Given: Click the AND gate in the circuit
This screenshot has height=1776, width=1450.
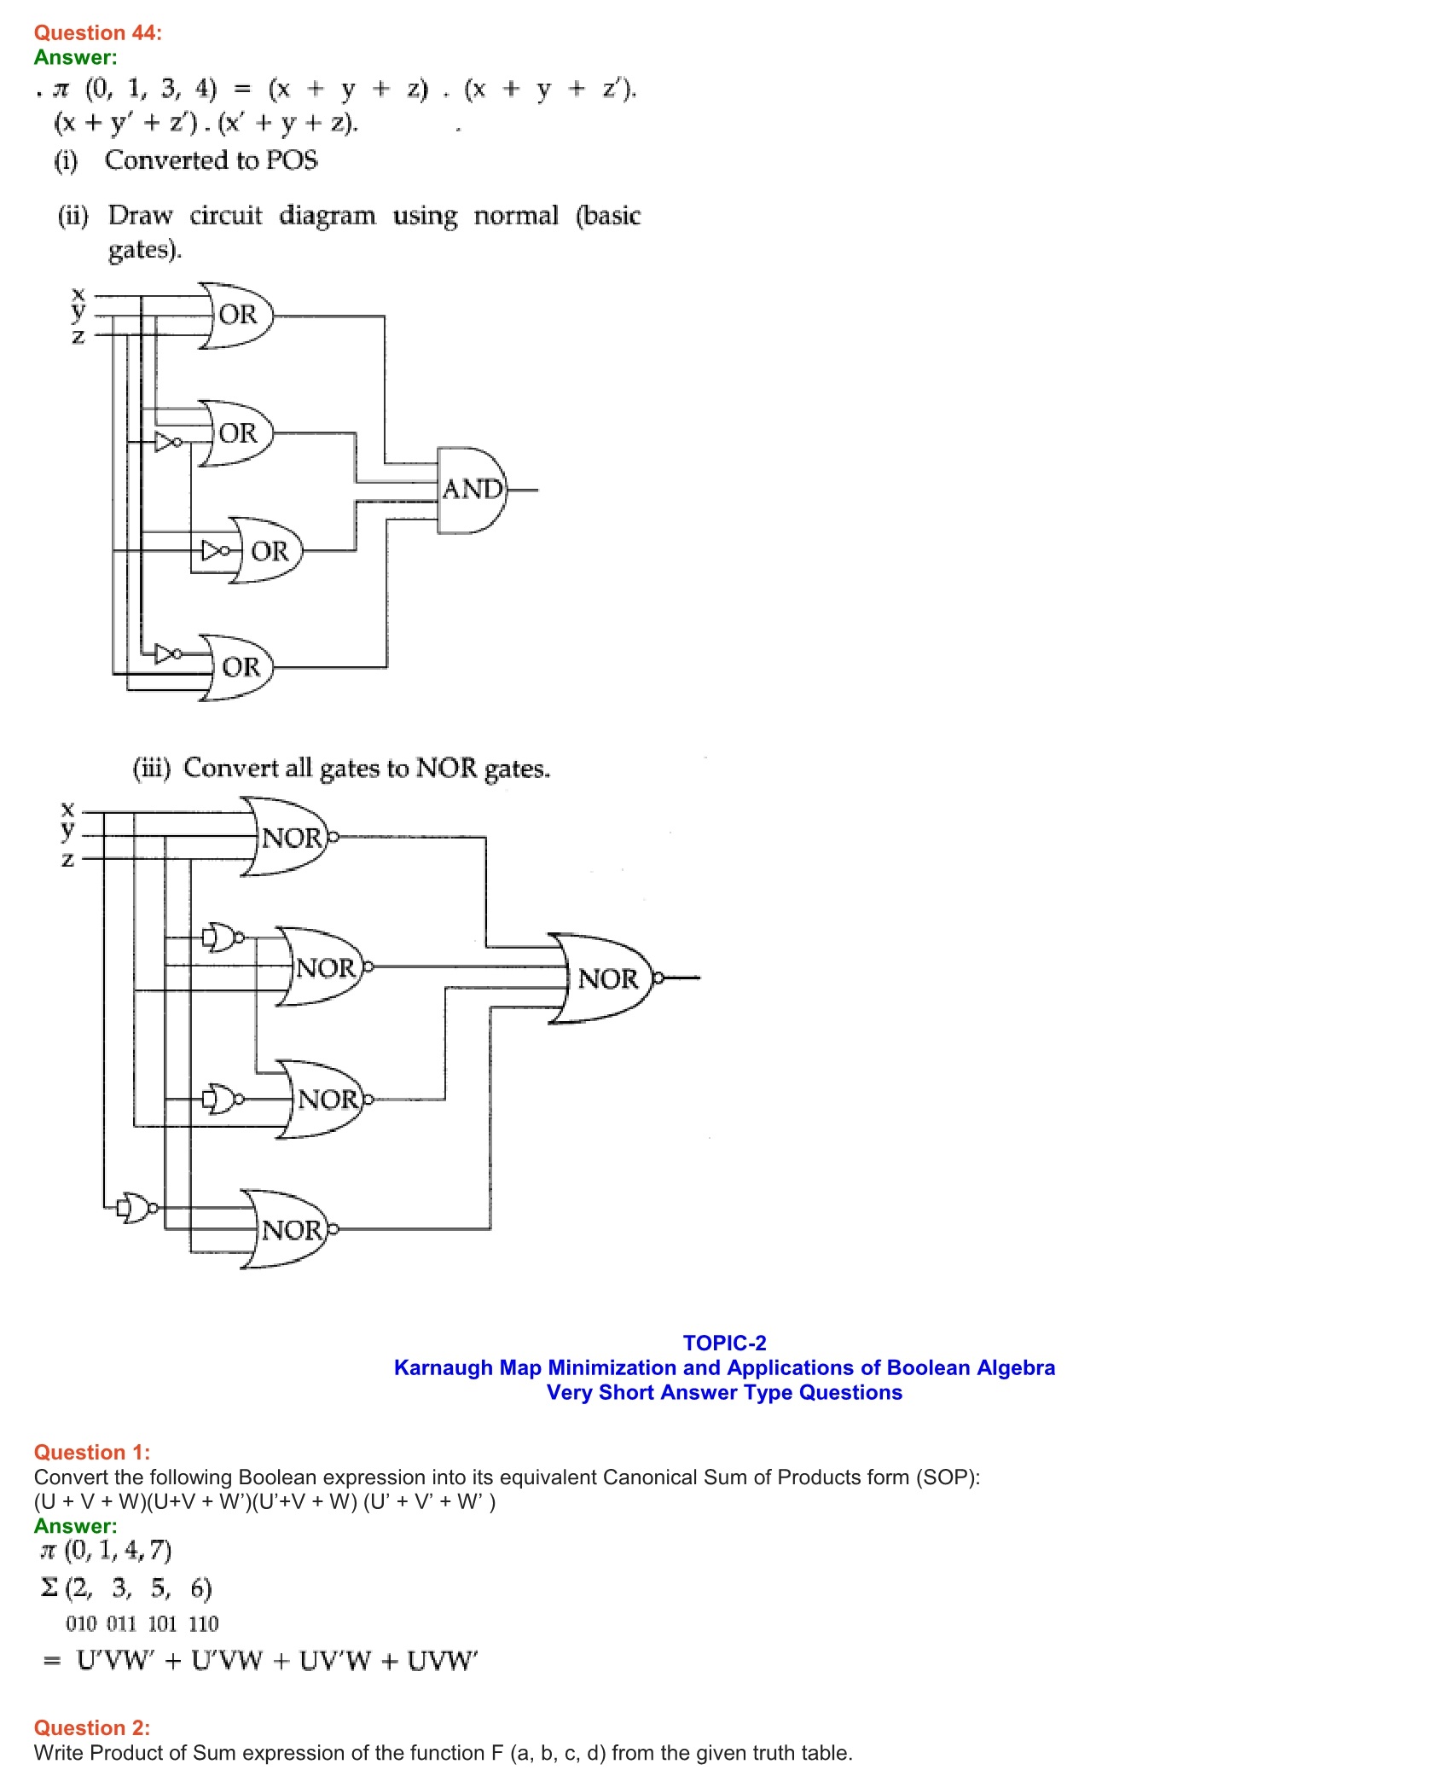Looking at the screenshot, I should pos(472,490).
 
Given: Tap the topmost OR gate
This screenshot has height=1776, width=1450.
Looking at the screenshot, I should pos(237,315).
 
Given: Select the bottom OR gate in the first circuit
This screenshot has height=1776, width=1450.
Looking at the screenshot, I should pos(239,667).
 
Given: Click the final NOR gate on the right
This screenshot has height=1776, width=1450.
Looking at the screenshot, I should pos(606,978).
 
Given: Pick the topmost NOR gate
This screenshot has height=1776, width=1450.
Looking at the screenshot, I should pos(290,838).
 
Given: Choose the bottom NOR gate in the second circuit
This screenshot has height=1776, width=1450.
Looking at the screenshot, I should pos(290,1229).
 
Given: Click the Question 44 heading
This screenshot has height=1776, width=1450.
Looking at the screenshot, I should pos(97,32).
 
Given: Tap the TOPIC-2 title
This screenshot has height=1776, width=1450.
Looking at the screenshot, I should pos(724,1343).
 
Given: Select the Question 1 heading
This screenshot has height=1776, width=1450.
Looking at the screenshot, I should pos(91,1452).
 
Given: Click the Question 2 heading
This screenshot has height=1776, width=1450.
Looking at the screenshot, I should pos(91,1727).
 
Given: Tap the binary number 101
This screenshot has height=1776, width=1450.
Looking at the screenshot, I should pos(162,1623).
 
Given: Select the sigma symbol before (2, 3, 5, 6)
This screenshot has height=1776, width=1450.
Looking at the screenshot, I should pos(49,1587).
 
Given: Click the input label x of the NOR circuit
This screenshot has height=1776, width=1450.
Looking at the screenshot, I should pos(68,808).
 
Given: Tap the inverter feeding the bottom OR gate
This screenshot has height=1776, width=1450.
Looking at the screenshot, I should pos(167,654).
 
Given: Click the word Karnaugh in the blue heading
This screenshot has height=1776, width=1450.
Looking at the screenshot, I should pos(443,1367).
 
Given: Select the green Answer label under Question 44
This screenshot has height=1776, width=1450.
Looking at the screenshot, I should pos(75,57).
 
